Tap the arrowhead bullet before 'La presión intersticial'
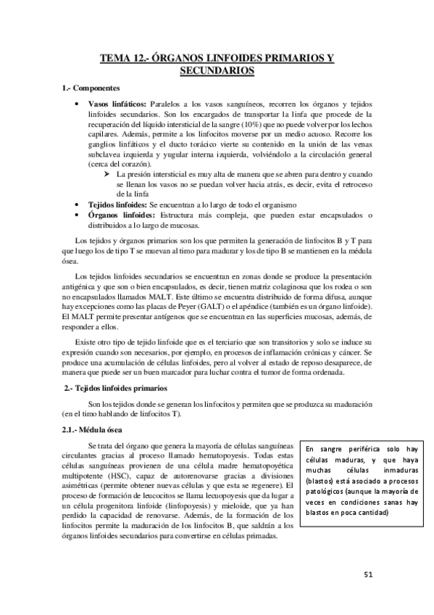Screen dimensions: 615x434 tap(106, 175)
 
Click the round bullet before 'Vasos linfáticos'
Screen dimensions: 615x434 tap(78, 104)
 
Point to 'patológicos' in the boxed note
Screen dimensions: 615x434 tap(328, 491)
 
